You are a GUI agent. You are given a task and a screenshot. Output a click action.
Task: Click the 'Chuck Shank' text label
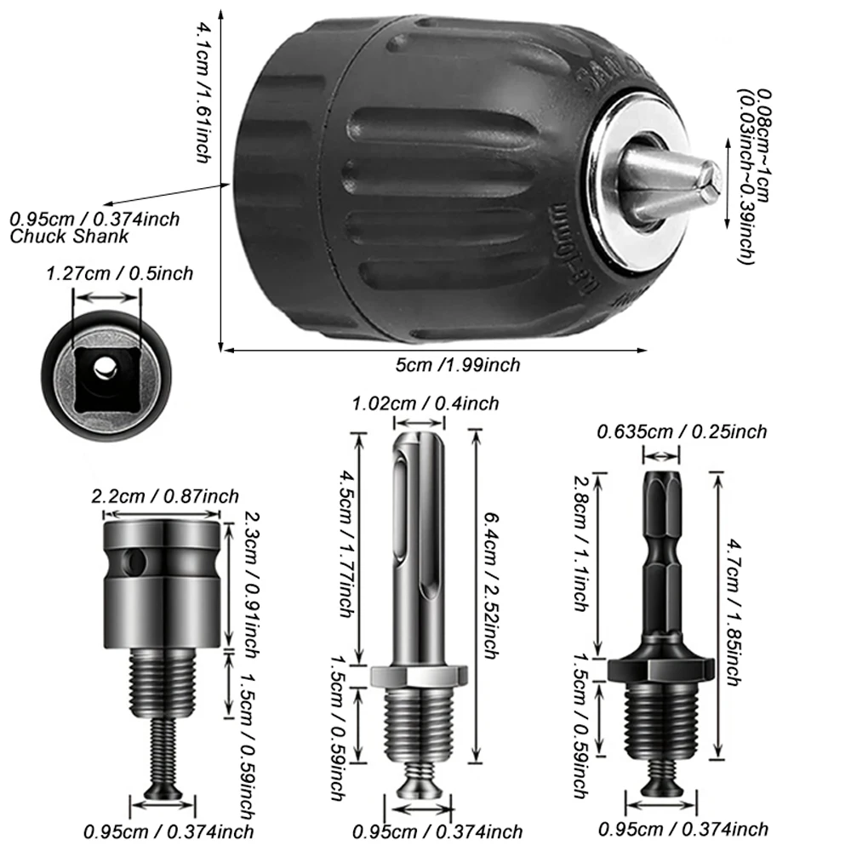tap(69, 237)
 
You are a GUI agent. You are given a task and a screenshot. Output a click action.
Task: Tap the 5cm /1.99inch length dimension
tap(457, 365)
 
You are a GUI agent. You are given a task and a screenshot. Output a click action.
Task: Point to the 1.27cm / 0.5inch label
tap(119, 274)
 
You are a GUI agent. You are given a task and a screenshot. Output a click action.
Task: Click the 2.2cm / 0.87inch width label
tap(165, 496)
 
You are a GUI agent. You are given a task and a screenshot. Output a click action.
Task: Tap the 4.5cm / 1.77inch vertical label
tap(345, 545)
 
